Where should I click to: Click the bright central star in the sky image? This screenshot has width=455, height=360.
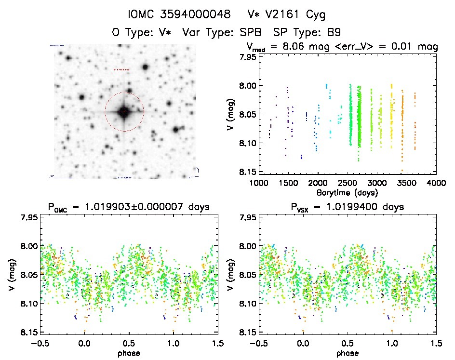(124, 111)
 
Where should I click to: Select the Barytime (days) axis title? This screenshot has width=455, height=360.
(347, 192)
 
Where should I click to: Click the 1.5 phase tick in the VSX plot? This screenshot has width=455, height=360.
(436, 343)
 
